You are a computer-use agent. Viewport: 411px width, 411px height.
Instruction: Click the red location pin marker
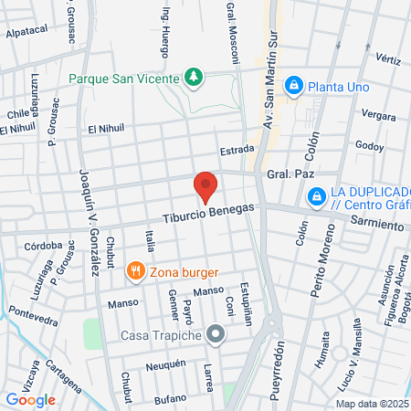coord(205,187)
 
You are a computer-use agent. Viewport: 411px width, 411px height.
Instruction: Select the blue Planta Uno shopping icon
coord(294,86)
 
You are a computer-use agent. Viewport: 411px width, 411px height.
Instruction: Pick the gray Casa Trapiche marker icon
coord(216,334)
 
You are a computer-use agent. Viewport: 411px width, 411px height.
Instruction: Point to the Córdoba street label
coord(44,245)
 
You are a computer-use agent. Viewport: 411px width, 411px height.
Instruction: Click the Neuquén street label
coord(166,364)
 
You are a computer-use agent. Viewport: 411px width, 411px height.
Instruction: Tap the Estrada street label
coord(236,151)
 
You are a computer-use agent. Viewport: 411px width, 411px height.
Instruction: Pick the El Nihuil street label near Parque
coord(105,129)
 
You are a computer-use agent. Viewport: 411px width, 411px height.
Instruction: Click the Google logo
coord(30,399)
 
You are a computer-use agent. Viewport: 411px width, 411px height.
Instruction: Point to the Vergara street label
coord(378,115)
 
